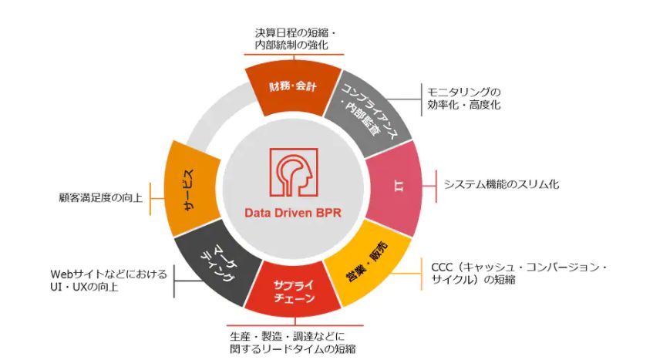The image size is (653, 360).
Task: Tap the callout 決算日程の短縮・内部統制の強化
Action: tap(292, 40)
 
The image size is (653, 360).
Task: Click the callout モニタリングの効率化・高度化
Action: tap(463, 98)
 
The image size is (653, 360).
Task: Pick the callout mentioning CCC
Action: tap(517, 273)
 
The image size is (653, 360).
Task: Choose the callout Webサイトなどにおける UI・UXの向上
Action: tap(109, 281)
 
